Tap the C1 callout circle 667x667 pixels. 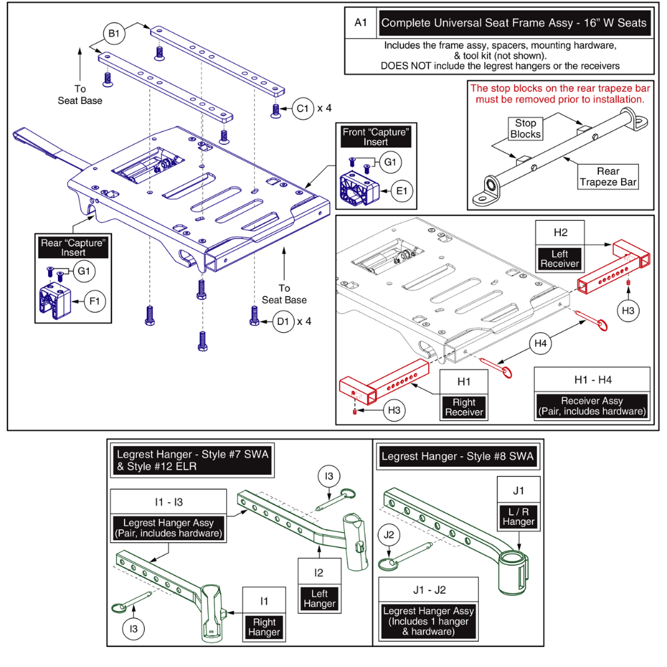point(302,108)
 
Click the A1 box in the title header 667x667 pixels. point(361,23)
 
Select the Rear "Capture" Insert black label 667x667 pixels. point(73,247)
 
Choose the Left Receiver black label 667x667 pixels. point(560,258)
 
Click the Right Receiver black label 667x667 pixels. point(464,407)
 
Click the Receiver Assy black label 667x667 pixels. point(592,406)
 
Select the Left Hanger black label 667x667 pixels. point(319,598)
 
